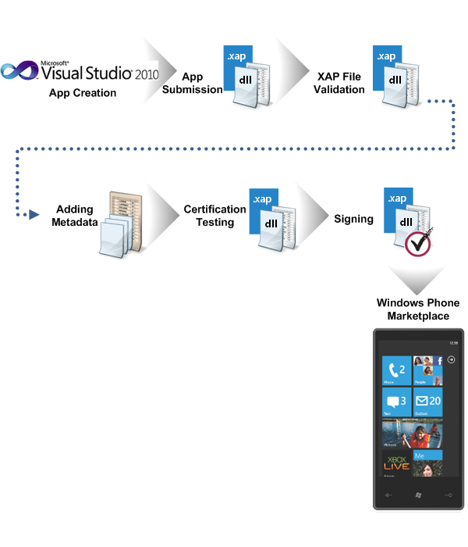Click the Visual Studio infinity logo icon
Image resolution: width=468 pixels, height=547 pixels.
(x=19, y=73)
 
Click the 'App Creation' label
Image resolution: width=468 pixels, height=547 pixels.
(x=83, y=93)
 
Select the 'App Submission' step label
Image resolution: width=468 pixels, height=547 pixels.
(x=203, y=83)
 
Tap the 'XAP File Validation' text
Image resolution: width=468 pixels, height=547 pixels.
(x=340, y=83)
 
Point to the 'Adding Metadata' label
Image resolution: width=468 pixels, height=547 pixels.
(x=76, y=216)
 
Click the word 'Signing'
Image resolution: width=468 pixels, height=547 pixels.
(x=353, y=219)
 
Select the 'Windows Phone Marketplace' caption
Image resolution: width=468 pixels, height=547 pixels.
(x=418, y=309)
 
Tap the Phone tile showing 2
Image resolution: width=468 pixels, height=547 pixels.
(x=396, y=372)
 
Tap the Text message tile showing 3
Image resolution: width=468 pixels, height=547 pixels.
(x=396, y=402)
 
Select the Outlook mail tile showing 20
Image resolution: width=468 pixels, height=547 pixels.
(x=427, y=402)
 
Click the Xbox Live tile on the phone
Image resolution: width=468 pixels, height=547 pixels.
(x=396, y=462)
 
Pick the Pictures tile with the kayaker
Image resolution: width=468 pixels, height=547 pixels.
(x=412, y=432)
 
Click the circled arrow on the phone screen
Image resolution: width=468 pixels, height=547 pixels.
(x=451, y=361)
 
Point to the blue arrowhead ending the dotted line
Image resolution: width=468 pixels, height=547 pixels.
(x=34, y=214)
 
